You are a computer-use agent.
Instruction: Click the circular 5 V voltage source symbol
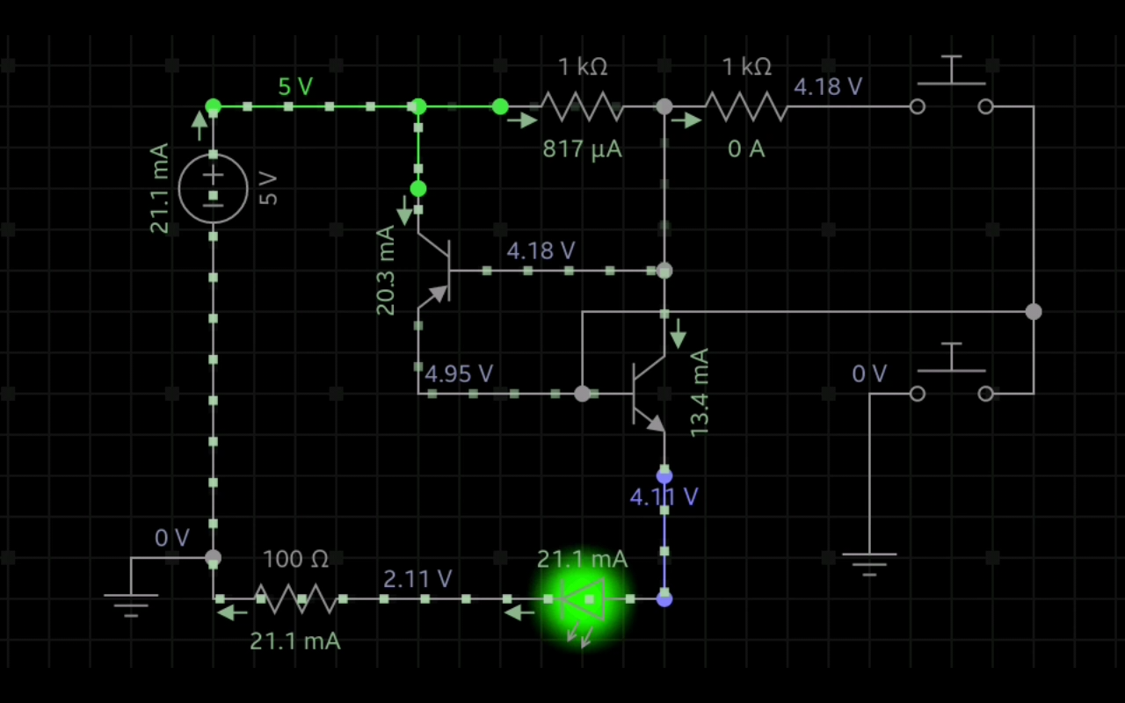coord(214,187)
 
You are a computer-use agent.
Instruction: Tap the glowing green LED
coord(582,600)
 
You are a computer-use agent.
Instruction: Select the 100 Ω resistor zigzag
coord(296,599)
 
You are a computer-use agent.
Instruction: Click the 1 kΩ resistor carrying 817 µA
coord(582,107)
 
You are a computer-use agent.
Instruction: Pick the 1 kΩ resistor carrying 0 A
coord(745,107)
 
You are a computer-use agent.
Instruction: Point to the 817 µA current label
coord(582,149)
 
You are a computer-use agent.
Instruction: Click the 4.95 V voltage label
coord(458,374)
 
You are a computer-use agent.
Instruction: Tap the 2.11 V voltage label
coord(417,578)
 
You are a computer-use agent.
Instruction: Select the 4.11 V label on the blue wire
coord(664,497)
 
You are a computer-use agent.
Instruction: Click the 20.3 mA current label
coord(386,271)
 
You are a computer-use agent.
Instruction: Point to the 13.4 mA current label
coord(699,393)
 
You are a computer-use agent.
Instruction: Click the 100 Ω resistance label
coord(296,559)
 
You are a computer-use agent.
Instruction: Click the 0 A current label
coord(745,149)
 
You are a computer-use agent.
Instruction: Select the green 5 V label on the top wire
coord(295,86)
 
